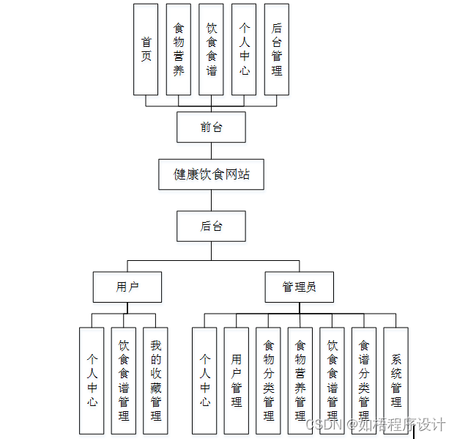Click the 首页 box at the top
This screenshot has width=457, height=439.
click(x=146, y=49)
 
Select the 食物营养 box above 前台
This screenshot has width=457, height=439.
click(x=179, y=49)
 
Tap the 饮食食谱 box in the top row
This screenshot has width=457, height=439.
click(x=211, y=49)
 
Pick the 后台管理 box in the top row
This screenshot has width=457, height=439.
click(x=276, y=49)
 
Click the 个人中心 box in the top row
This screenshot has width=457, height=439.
click(x=244, y=49)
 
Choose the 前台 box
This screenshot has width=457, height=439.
click(x=211, y=127)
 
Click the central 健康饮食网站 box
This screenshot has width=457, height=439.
click(x=211, y=174)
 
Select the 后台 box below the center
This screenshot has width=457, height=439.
click(x=211, y=226)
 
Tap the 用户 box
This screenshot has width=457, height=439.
click(x=127, y=287)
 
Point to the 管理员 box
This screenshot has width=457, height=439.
click(x=299, y=287)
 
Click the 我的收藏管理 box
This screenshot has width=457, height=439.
click(x=155, y=380)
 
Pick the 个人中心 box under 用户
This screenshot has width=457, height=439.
click(x=92, y=380)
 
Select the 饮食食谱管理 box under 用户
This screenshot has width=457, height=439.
click(x=124, y=380)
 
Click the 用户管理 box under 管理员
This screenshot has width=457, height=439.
click(x=236, y=380)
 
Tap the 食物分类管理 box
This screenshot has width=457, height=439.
click(x=268, y=380)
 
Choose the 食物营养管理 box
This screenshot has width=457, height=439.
click(x=300, y=380)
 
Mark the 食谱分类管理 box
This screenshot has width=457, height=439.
click(x=364, y=380)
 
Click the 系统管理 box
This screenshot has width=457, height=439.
click(x=395, y=380)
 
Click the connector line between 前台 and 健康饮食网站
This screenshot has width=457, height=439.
click(x=211, y=150)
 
